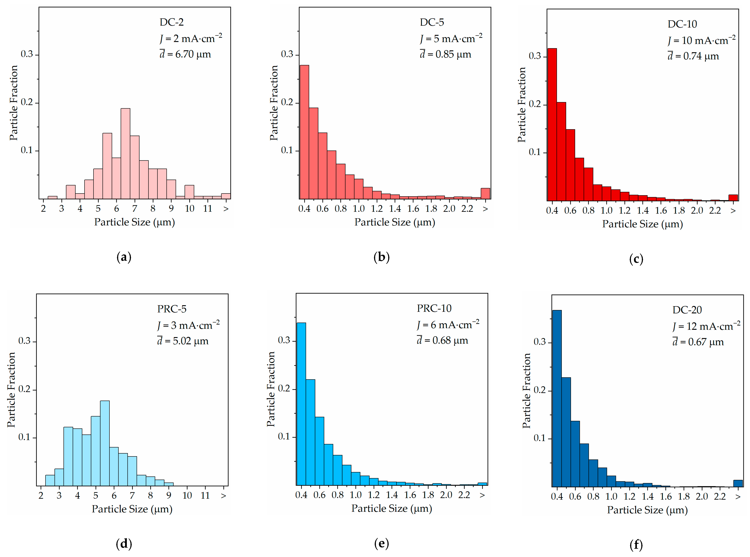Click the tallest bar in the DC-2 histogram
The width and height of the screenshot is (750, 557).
point(125,153)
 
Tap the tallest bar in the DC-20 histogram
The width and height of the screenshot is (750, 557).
point(557,398)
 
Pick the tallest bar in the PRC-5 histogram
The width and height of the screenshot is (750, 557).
point(105,443)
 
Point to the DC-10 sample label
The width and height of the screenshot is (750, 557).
point(682,24)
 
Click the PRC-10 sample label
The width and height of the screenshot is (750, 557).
point(434,308)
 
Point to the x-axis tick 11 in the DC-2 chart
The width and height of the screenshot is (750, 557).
point(208,209)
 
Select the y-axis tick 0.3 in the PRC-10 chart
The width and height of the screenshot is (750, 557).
point(284,340)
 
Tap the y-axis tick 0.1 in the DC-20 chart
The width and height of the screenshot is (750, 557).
point(540,438)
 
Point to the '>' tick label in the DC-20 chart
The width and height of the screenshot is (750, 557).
point(738,497)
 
